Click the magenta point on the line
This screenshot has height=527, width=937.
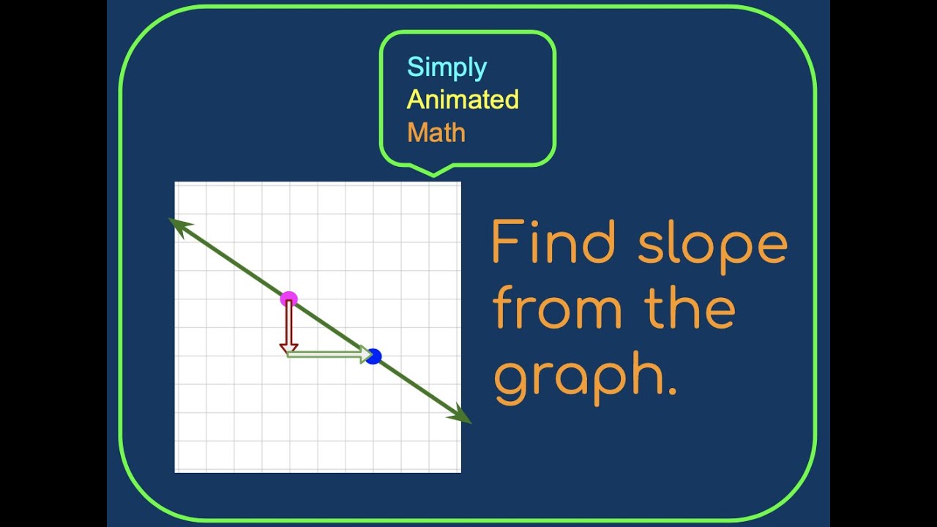[289, 299]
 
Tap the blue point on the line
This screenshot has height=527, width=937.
[373, 356]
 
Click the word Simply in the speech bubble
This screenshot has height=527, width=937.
[447, 67]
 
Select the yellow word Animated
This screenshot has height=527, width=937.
[463, 100]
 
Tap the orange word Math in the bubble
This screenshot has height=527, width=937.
[436, 132]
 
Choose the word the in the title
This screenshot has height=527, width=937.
[690, 308]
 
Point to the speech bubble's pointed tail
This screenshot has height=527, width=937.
[433, 172]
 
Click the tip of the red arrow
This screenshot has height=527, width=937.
[288, 352]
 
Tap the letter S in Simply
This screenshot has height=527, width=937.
[415, 67]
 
